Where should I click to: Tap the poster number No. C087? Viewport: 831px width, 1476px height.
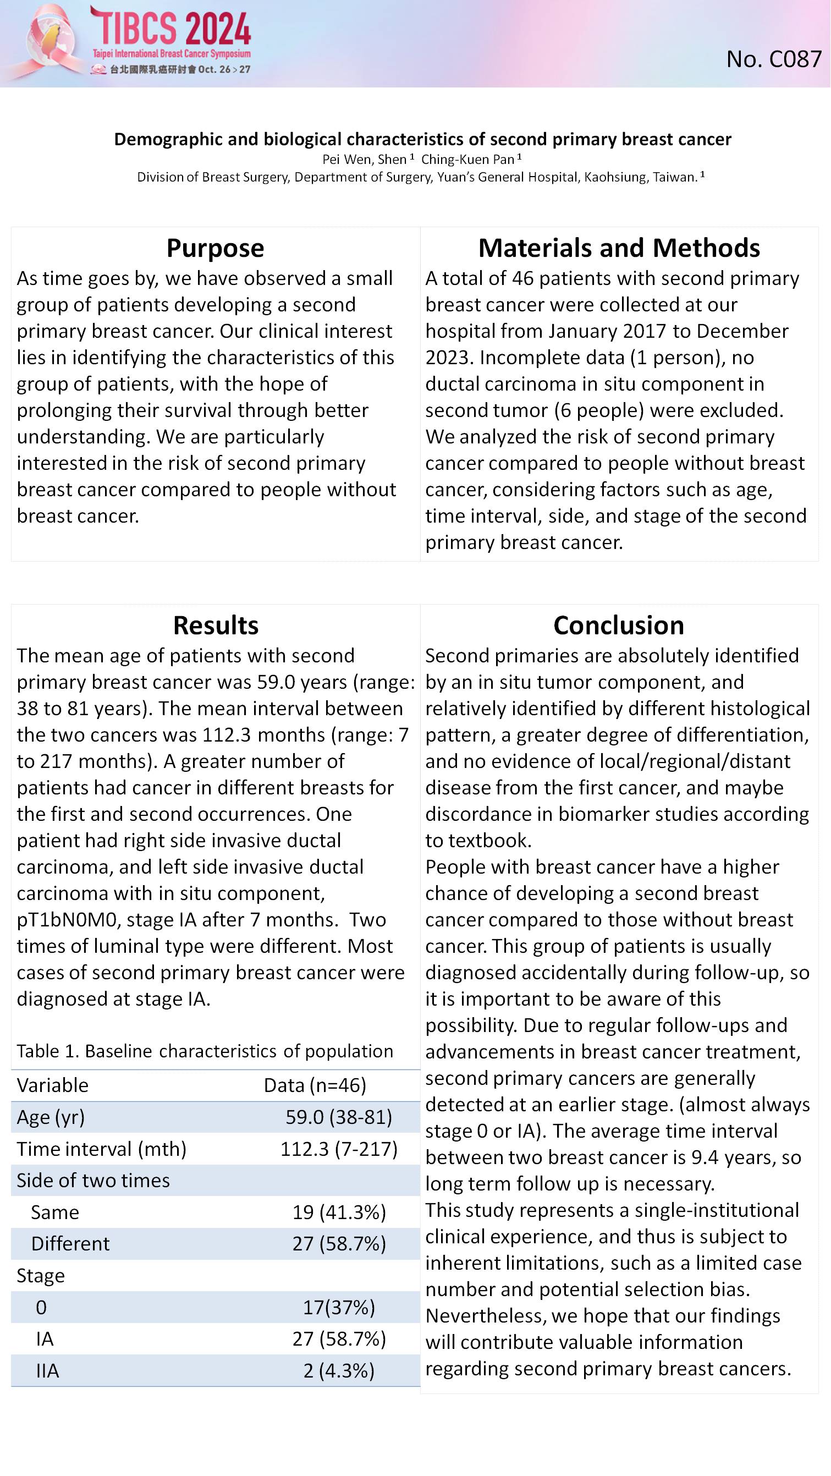coord(773,59)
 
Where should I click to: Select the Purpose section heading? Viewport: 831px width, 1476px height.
coord(215,248)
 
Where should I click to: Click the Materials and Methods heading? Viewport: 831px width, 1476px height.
coord(619,248)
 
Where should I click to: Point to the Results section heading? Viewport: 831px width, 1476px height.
coord(216,625)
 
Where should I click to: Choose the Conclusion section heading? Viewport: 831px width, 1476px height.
coord(619,625)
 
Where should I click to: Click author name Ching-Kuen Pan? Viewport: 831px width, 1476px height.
coord(468,160)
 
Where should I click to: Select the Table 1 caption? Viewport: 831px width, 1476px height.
coord(205,1051)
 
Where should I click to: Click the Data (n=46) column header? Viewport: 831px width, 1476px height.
coord(315,1085)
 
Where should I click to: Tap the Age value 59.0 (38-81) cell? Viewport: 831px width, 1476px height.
coord(338,1117)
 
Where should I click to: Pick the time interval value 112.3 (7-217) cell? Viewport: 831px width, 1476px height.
coord(338,1149)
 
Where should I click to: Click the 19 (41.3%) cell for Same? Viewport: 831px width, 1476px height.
coord(339,1212)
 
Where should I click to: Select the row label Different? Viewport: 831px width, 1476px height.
coord(70,1244)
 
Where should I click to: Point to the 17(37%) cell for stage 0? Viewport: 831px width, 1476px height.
coord(338,1308)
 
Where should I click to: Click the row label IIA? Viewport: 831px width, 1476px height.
coord(47,1370)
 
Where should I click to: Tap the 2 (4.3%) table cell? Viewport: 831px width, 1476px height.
coord(338,1370)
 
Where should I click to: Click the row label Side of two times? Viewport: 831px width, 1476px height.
coord(93,1181)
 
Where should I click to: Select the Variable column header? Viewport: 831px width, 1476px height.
coord(52,1085)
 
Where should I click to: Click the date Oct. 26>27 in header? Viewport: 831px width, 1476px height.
coord(224,69)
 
